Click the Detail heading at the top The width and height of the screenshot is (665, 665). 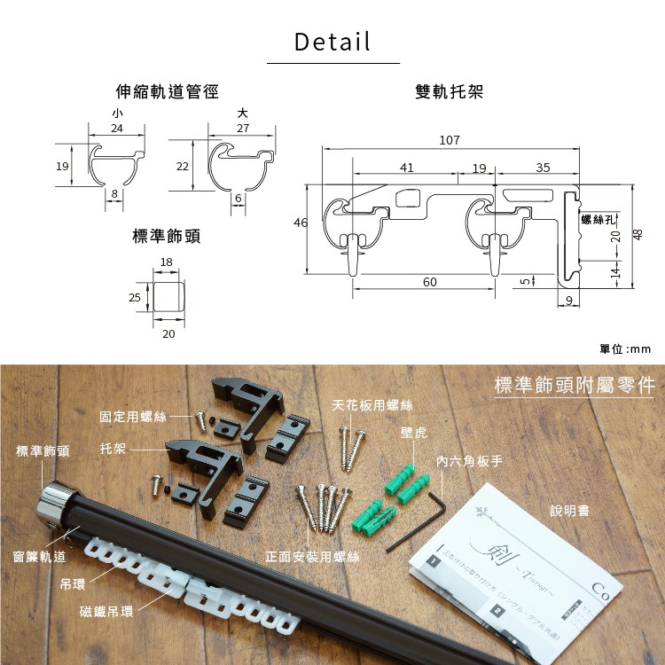[x=332, y=42]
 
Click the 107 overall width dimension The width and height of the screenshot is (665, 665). [x=450, y=140]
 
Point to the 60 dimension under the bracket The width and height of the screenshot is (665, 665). [x=430, y=282]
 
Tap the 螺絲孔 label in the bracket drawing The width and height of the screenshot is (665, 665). [x=598, y=218]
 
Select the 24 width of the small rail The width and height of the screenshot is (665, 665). [x=117, y=129]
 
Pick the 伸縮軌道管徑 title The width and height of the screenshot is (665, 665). [x=167, y=91]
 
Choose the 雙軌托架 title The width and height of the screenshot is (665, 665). [x=449, y=91]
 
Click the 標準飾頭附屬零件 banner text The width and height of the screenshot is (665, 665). [x=574, y=386]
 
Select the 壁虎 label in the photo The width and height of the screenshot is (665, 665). [x=413, y=432]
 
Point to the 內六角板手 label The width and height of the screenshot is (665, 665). [x=470, y=462]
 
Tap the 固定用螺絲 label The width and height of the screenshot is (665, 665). [x=133, y=416]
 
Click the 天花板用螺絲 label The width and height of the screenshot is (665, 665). [x=372, y=405]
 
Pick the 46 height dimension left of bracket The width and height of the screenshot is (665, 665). [x=301, y=223]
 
